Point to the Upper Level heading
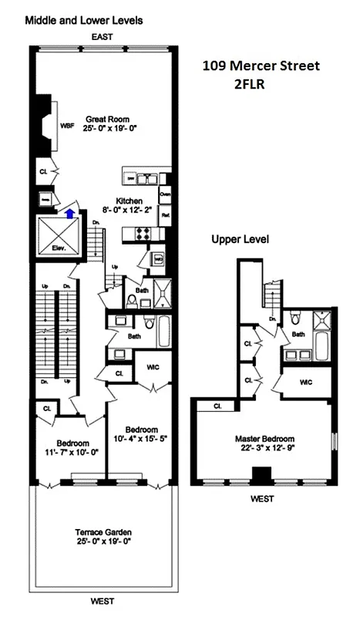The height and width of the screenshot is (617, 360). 240,239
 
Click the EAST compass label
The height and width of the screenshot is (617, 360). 103,36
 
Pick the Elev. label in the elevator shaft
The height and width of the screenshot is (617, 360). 59,248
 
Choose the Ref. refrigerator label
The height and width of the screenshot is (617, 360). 165,216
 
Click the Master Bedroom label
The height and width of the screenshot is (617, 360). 263,439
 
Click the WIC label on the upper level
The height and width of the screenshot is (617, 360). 307,381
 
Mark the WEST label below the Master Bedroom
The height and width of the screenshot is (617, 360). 262,499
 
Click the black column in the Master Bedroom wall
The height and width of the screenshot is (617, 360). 262,476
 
